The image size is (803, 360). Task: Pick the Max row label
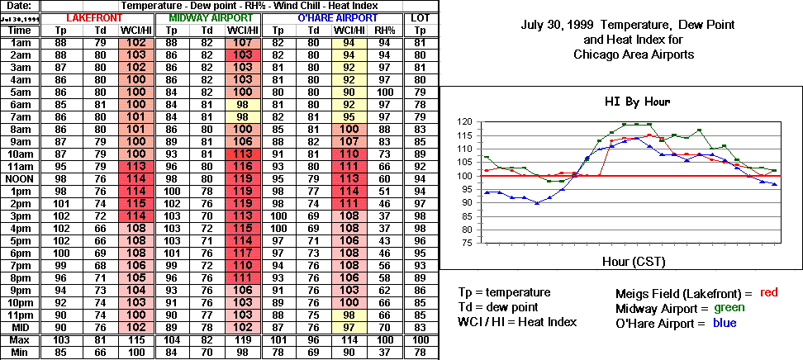click(20, 341)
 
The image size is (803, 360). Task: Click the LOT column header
click(420, 17)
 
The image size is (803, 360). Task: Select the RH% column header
click(384, 30)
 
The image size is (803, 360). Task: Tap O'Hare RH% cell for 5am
click(384, 92)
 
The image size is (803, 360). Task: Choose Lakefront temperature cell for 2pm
click(61, 204)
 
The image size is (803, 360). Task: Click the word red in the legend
click(768, 291)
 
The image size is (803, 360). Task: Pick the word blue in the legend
click(724, 323)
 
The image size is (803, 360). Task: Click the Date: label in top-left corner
click(20, 5)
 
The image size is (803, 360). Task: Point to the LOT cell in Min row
click(420, 353)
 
